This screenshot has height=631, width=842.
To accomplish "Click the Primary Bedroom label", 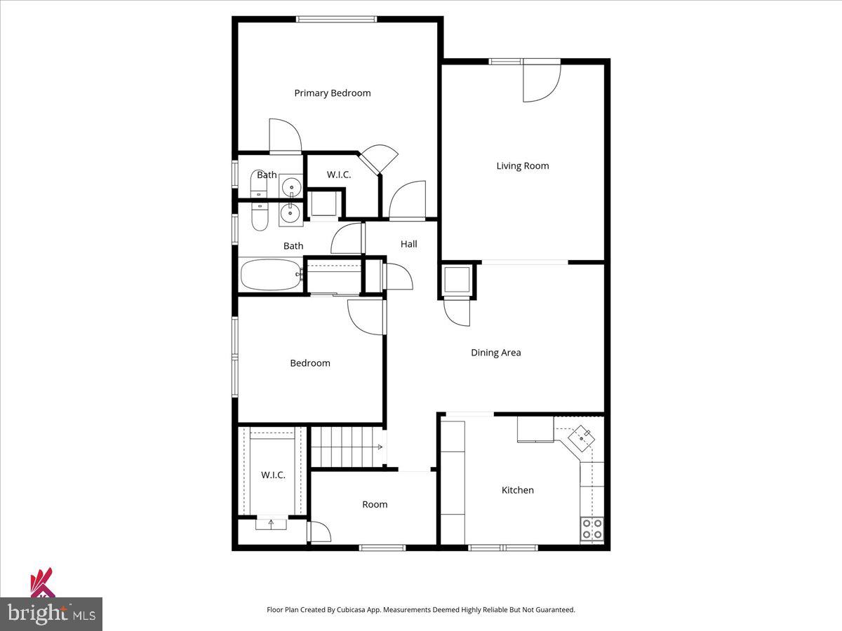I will pyautogui.click(x=333, y=93).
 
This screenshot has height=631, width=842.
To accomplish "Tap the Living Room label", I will pyautogui.click(x=523, y=166).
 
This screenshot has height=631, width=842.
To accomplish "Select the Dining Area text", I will pyautogui.click(x=495, y=353).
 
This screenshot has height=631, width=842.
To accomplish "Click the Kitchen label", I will pyautogui.click(x=518, y=490).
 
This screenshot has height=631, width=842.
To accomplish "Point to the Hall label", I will pyautogui.click(x=409, y=244).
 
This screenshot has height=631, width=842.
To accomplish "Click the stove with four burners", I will pyautogui.click(x=592, y=529).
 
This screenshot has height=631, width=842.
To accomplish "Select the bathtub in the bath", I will pyautogui.click(x=271, y=275).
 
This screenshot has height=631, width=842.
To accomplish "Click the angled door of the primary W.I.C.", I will pyautogui.click(x=380, y=159).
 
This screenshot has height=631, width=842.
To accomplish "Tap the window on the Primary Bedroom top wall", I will pyautogui.click(x=336, y=19).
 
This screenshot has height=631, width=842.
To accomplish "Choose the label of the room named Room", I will pyautogui.click(x=375, y=505).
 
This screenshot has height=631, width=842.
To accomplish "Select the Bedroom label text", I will pyautogui.click(x=310, y=363).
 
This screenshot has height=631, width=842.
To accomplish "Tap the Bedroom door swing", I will pyautogui.click(x=366, y=316).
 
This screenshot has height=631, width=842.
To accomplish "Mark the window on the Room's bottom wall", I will pyautogui.click(x=382, y=548).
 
